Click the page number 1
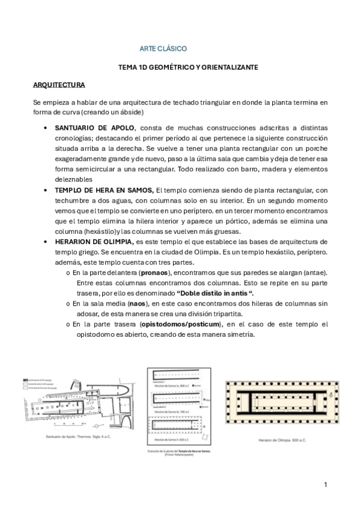click(x=325, y=484)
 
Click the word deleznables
click(x=73, y=179)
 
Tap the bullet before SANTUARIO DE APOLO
click(x=46, y=128)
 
